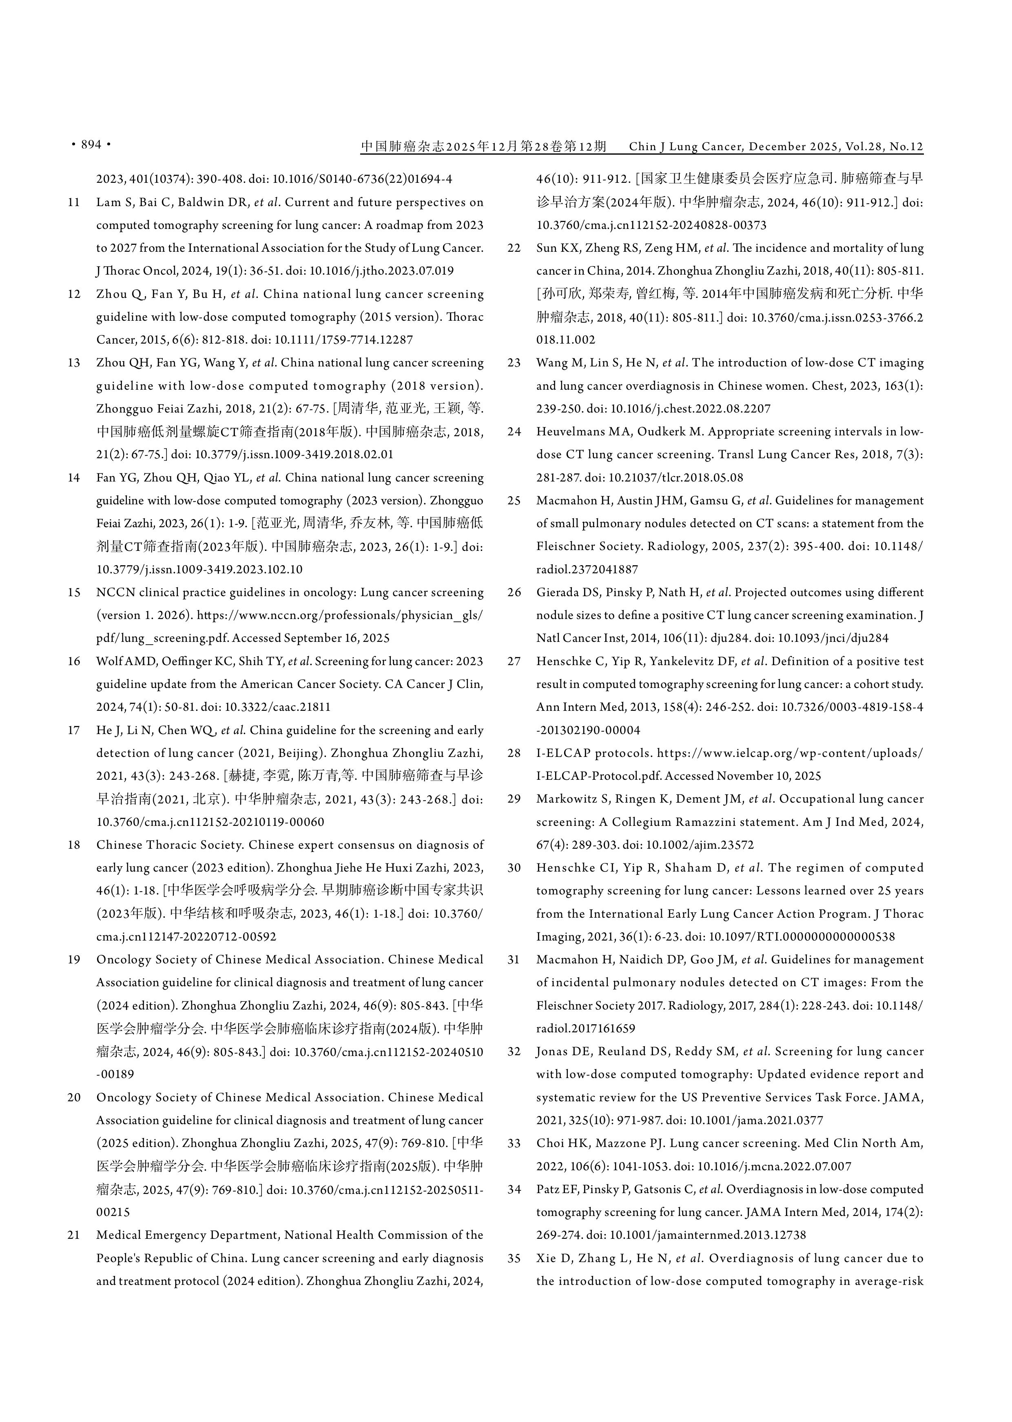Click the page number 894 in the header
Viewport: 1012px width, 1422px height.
tap(91, 144)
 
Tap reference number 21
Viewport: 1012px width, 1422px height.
tap(74, 1235)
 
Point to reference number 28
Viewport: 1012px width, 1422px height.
tap(514, 753)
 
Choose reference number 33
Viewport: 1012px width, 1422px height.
tap(514, 1143)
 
